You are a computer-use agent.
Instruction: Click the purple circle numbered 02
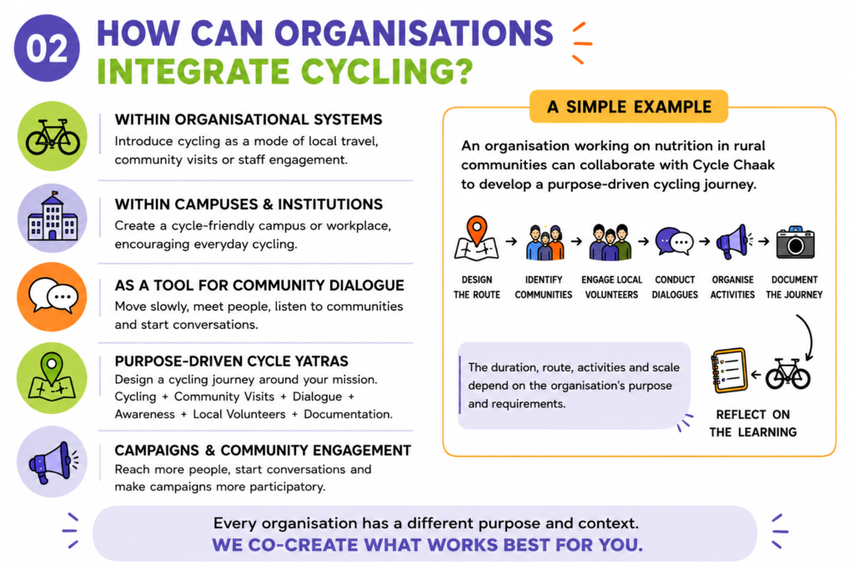pyautogui.click(x=47, y=48)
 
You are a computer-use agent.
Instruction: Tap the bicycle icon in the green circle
pyautogui.click(x=53, y=137)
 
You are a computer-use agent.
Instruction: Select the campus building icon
pyautogui.click(x=53, y=216)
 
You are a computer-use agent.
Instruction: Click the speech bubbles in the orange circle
pyautogui.click(x=53, y=296)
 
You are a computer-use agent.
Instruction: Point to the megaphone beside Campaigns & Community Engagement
pyautogui.click(x=53, y=462)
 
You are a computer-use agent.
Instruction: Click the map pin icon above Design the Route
pyautogui.click(x=476, y=238)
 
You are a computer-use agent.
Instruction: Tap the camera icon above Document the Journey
pyautogui.click(x=795, y=243)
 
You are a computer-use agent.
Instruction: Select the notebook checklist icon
pyautogui.click(x=729, y=371)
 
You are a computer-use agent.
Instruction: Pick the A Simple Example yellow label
pyautogui.click(x=629, y=106)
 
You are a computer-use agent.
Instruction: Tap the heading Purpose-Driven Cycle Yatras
pyautogui.click(x=232, y=361)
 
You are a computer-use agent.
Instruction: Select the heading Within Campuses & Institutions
pyautogui.click(x=249, y=204)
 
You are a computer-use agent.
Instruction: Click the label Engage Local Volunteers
pyautogui.click(x=611, y=287)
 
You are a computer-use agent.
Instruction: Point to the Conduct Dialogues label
pyautogui.click(x=675, y=287)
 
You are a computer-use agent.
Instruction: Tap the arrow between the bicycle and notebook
pyautogui.click(x=756, y=375)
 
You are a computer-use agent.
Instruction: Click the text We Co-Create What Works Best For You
pyautogui.click(x=428, y=544)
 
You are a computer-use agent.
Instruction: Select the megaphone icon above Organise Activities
pyautogui.click(x=733, y=241)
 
